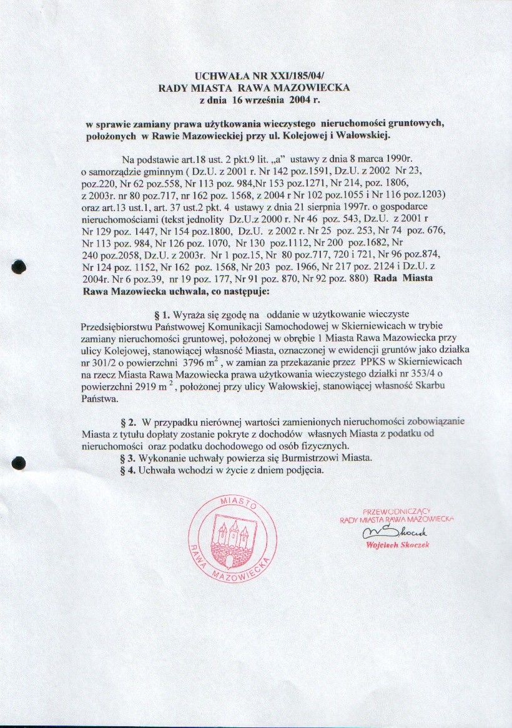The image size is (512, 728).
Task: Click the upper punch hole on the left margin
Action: (20, 267)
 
